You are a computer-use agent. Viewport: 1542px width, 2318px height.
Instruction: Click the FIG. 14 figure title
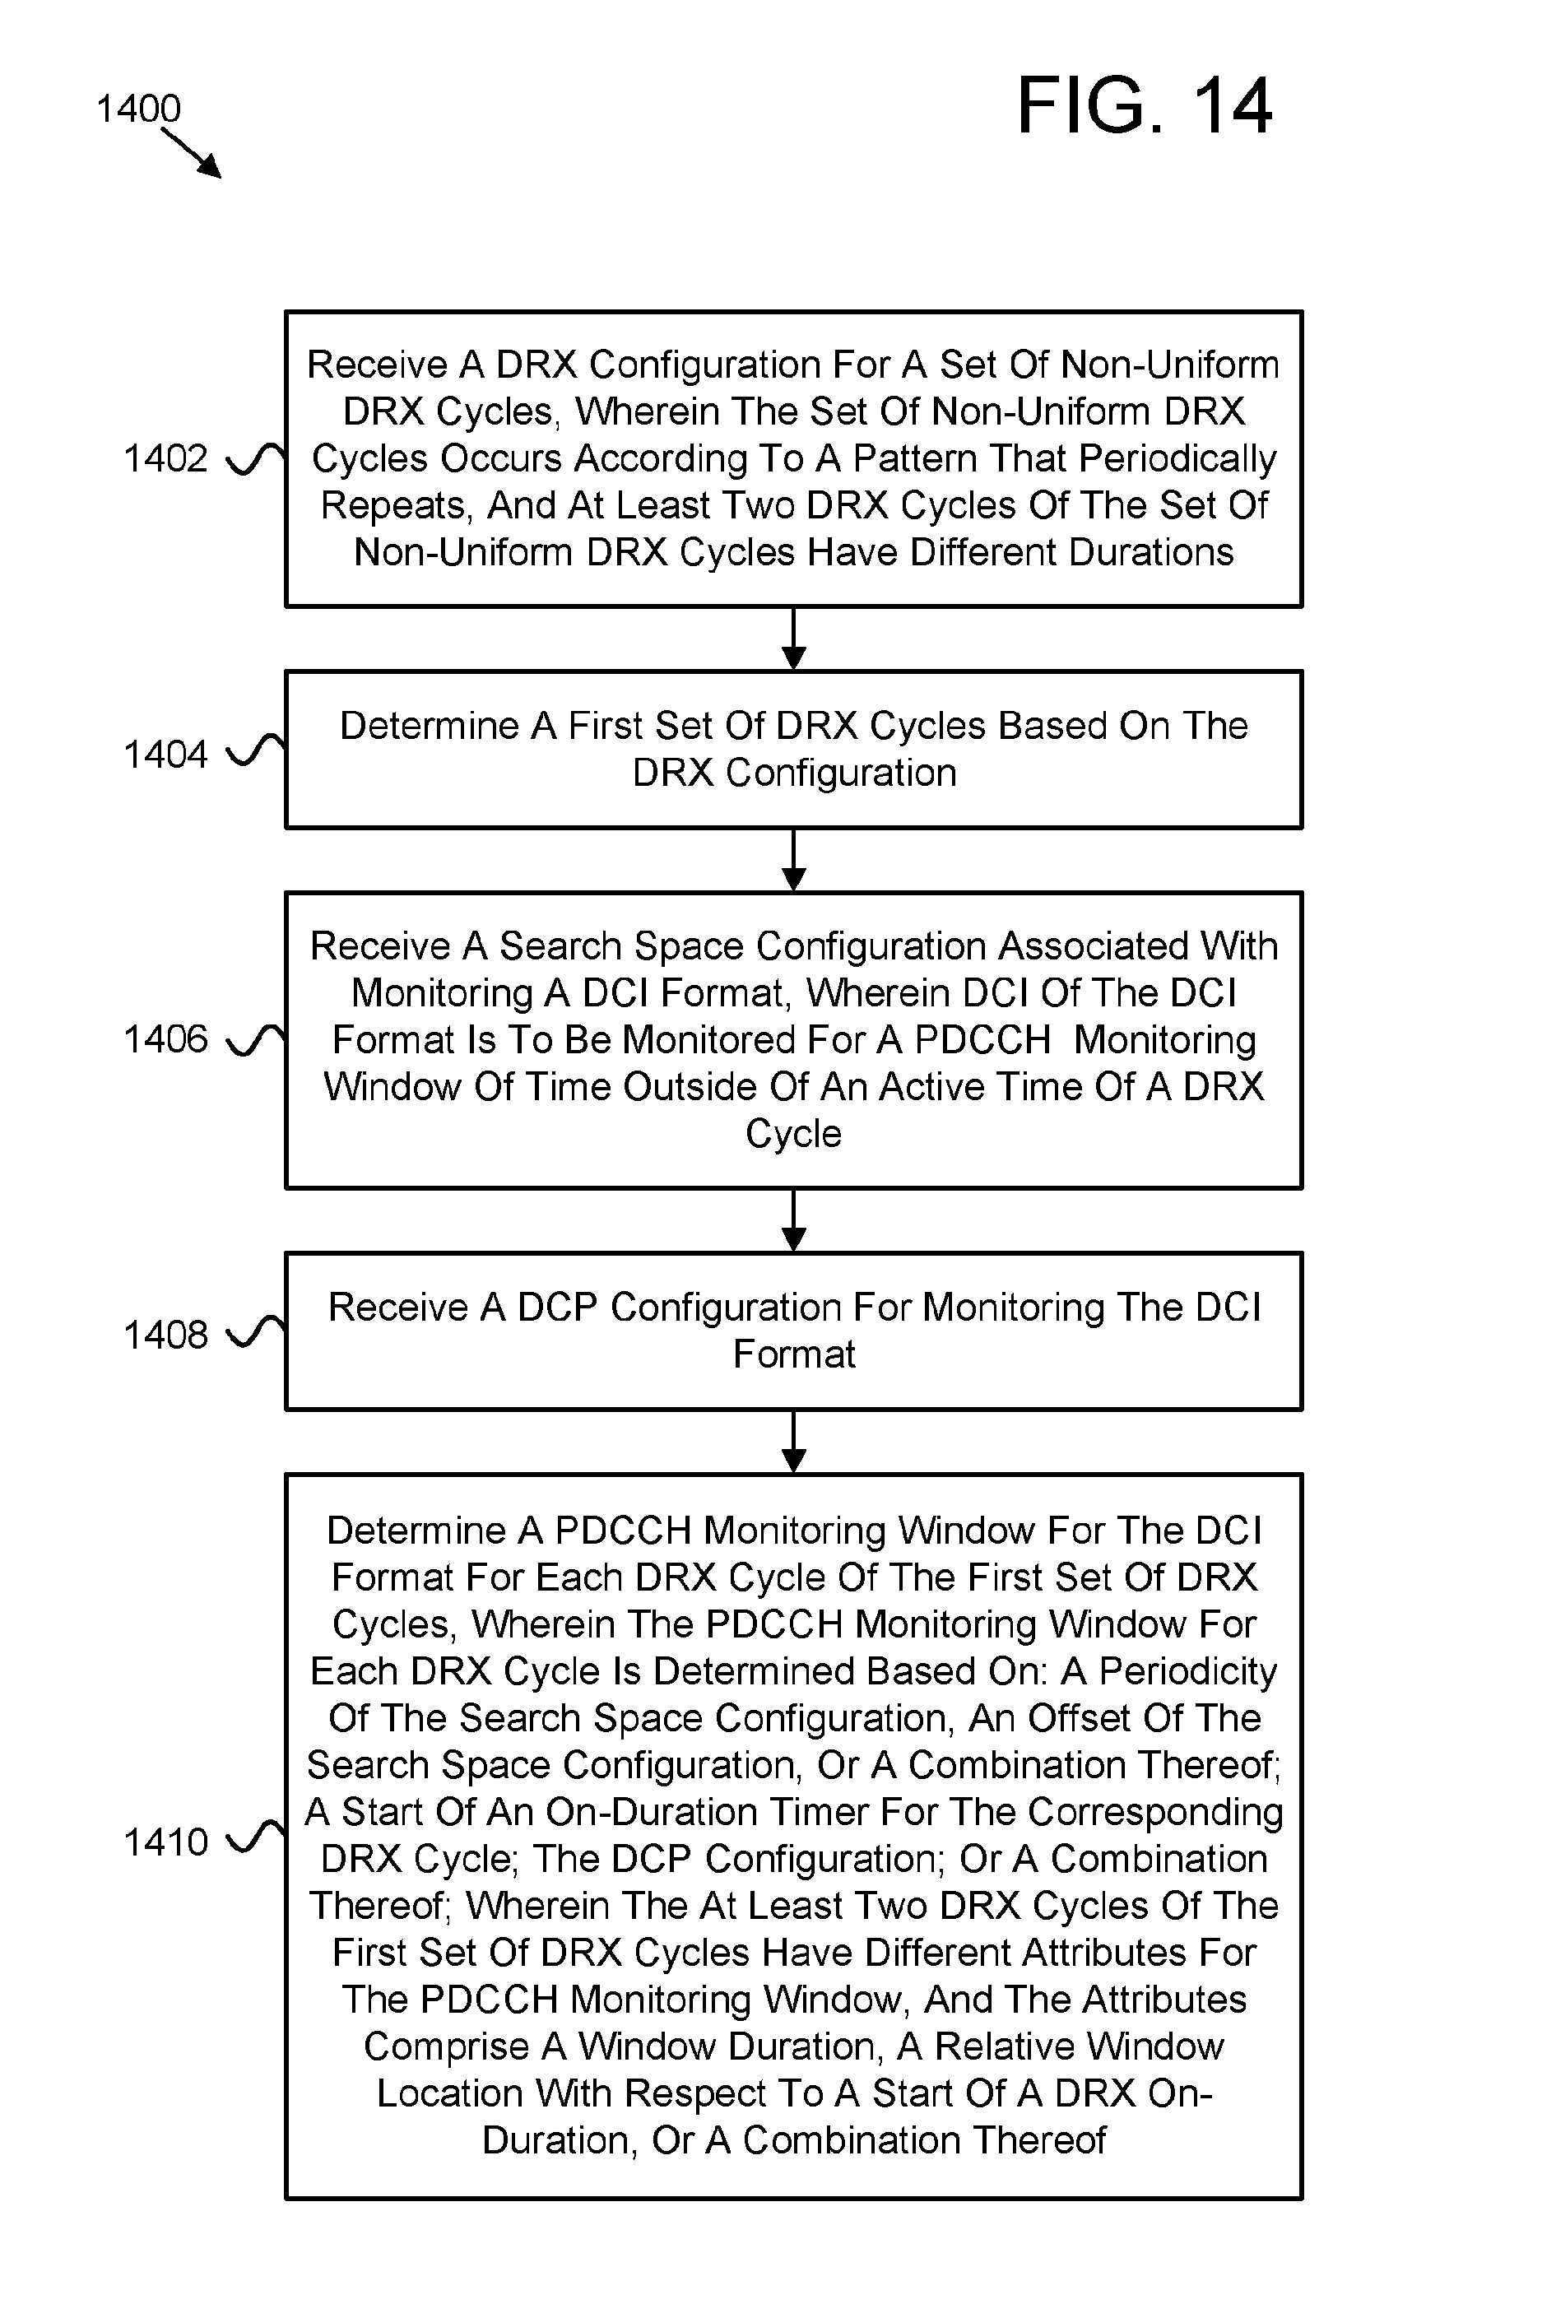pos(1144,105)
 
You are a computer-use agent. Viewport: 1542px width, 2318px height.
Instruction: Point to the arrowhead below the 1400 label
pos(210,166)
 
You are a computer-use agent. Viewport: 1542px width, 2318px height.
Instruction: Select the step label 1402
pos(165,458)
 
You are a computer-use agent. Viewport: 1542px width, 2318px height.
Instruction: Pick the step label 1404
pos(165,755)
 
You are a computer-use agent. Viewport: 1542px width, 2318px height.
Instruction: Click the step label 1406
pos(165,1038)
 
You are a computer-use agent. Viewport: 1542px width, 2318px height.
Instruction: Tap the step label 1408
pos(165,1335)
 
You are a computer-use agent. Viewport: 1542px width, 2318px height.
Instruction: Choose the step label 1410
pos(165,1842)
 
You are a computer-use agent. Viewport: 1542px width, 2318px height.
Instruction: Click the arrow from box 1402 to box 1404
pos(793,639)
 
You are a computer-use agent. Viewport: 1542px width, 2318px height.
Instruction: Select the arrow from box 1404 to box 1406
pos(793,861)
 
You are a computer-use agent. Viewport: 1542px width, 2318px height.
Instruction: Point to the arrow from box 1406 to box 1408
pos(793,1220)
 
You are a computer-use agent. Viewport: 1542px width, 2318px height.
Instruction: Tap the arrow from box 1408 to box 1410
pos(793,1442)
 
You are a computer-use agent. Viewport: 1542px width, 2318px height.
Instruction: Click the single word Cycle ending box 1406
pos(793,1135)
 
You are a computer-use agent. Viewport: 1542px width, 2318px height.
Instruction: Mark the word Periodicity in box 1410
pos(1188,1672)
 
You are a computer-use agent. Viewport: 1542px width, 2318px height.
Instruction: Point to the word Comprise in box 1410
pos(447,2047)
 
